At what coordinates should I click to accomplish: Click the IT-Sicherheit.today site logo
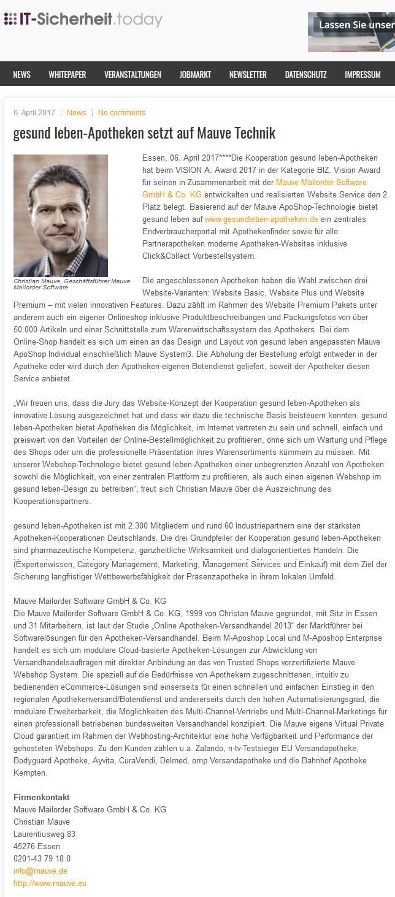tap(83, 20)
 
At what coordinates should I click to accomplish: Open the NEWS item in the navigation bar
tap(21, 75)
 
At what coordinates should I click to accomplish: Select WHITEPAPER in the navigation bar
tap(67, 75)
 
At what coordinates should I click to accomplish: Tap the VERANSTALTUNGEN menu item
tap(132, 75)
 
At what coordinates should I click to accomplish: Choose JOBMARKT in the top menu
tap(195, 75)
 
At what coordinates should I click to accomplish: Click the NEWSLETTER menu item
tap(248, 75)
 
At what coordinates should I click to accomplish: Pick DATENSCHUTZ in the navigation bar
tap(305, 75)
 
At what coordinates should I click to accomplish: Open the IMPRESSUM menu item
tap(362, 75)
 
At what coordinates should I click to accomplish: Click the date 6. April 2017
tap(34, 113)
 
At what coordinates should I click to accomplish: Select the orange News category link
tap(77, 113)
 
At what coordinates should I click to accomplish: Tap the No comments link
tap(121, 113)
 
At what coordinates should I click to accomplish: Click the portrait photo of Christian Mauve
tap(61, 215)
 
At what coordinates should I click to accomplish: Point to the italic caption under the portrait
tap(72, 284)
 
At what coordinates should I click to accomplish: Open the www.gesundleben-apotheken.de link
tap(261, 219)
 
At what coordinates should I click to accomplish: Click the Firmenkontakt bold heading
tap(42, 797)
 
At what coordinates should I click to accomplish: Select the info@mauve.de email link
tap(40, 871)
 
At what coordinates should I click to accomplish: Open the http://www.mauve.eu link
tap(50, 883)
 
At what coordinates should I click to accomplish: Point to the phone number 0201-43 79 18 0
tap(42, 858)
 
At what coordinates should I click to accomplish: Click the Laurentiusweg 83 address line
tap(44, 834)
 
